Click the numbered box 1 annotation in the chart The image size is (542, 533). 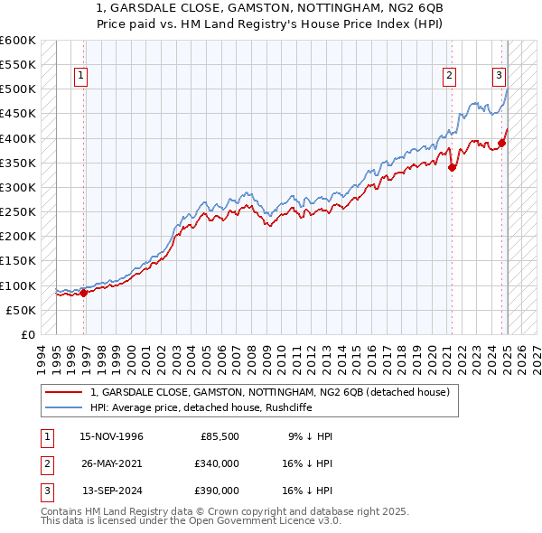pyautogui.click(x=81, y=77)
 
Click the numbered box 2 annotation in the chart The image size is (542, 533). pyautogui.click(x=449, y=77)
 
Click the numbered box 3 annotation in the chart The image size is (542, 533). pyautogui.click(x=499, y=77)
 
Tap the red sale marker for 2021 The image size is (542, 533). pyautogui.click(x=453, y=167)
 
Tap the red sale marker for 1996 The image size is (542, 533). pyautogui.click(x=84, y=292)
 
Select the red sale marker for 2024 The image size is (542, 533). pyautogui.click(x=501, y=143)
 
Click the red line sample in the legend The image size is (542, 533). pyautogui.click(x=63, y=392)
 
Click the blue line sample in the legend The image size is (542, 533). pyautogui.click(x=63, y=407)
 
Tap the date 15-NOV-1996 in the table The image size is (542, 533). pyautogui.click(x=112, y=436)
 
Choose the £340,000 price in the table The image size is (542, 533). pyautogui.click(x=217, y=463)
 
